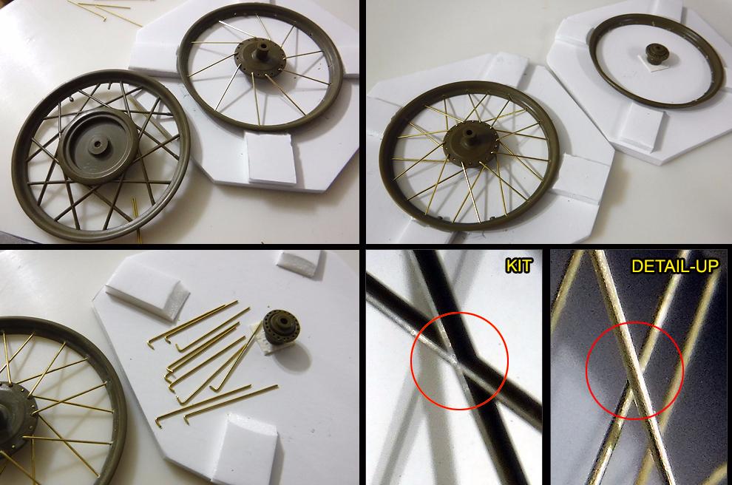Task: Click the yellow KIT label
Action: (518, 266)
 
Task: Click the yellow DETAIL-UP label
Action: (675, 265)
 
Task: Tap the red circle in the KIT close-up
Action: (459, 360)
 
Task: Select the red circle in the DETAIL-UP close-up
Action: (634, 370)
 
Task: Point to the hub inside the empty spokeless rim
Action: (656, 54)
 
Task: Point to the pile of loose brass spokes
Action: (213, 361)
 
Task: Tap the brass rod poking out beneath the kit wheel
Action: (136, 220)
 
